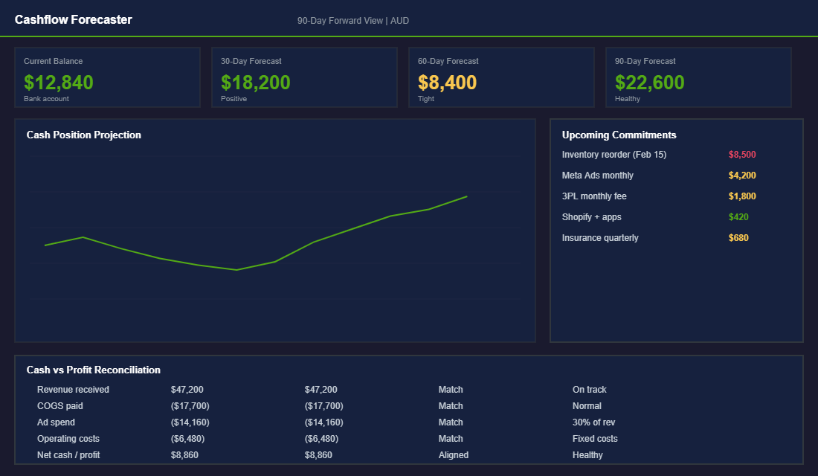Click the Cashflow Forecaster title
point(73,20)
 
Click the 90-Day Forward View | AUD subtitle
point(352,21)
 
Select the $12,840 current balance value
point(59,83)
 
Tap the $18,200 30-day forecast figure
point(256,83)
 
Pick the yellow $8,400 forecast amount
point(447,83)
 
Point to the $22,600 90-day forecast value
point(650,83)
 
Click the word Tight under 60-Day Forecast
point(426,99)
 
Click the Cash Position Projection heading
point(83,135)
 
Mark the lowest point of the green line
point(236,270)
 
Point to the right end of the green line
point(466,196)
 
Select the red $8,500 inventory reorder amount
point(742,155)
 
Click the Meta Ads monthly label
point(598,176)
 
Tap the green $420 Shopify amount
point(738,217)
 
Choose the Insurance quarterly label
point(600,238)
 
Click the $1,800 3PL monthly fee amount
point(742,196)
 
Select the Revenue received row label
point(73,390)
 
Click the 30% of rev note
point(593,422)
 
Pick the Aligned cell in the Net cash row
point(454,455)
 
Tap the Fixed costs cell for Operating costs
point(595,439)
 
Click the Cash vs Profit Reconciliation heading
point(93,370)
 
